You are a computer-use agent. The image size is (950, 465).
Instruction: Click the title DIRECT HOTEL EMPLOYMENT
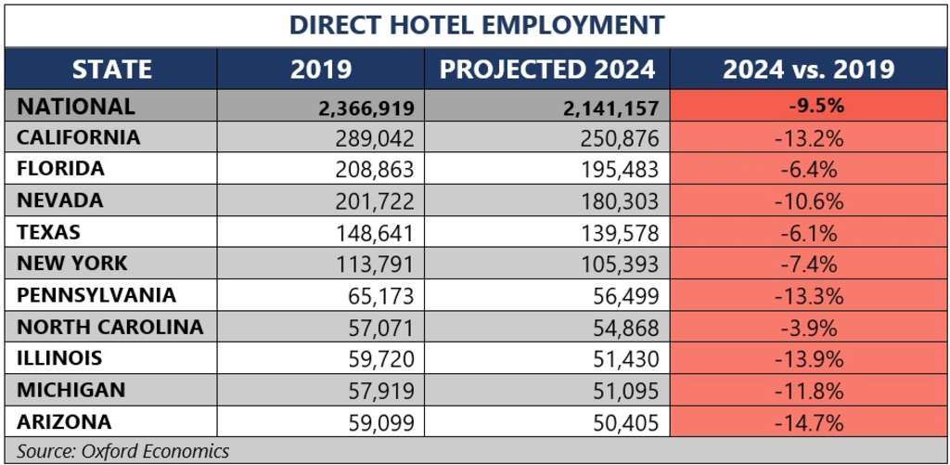(477, 25)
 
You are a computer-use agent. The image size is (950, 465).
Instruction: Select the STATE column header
(111, 70)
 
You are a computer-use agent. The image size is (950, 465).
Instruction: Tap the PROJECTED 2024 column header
(547, 70)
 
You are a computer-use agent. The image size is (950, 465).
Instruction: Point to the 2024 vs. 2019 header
(808, 70)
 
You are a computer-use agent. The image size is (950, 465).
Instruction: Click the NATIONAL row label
(76, 107)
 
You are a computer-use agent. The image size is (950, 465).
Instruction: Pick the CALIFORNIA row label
(79, 138)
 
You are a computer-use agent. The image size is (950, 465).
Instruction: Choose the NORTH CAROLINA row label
(109, 327)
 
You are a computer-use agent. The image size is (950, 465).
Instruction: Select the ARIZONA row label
(64, 422)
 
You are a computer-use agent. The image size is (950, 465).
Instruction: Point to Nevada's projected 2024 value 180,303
(620, 201)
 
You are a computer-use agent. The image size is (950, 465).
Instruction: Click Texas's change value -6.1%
(809, 233)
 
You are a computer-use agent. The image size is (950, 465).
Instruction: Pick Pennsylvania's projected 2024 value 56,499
(627, 296)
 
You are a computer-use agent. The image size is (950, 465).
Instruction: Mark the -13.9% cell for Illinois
(809, 359)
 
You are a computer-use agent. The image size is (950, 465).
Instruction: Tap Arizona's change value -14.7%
(809, 423)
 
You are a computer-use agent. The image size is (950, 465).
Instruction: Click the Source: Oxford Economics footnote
(123, 451)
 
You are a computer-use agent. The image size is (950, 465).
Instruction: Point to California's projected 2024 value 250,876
(620, 138)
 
